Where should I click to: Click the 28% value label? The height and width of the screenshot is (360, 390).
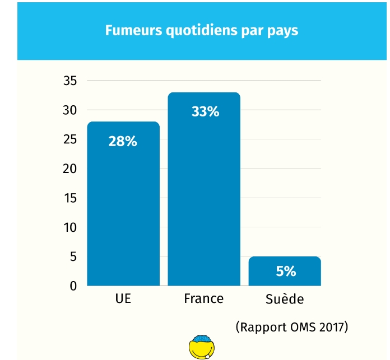click(x=123, y=142)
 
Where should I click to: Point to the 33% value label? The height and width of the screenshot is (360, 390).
click(x=205, y=111)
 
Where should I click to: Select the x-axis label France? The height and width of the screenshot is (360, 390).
click(x=203, y=298)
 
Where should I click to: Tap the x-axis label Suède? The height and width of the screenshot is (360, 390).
click(x=285, y=299)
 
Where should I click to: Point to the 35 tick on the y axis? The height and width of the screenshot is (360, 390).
click(x=69, y=81)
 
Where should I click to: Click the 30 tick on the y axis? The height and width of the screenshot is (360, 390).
click(x=69, y=110)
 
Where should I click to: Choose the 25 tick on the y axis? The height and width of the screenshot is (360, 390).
click(x=69, y=139)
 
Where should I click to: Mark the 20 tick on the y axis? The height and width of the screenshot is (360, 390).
click(x=69, y=169)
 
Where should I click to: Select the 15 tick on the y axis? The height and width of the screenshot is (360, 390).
click(x=69, y=198)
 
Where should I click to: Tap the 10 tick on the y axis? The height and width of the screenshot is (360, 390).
click(x=69, y=228)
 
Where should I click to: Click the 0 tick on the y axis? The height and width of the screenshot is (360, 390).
click(x=73, y=286)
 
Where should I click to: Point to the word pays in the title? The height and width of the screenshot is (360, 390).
click(x=285, y=31)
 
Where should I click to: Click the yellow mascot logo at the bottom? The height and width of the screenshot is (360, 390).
click(x=202, y=348)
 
